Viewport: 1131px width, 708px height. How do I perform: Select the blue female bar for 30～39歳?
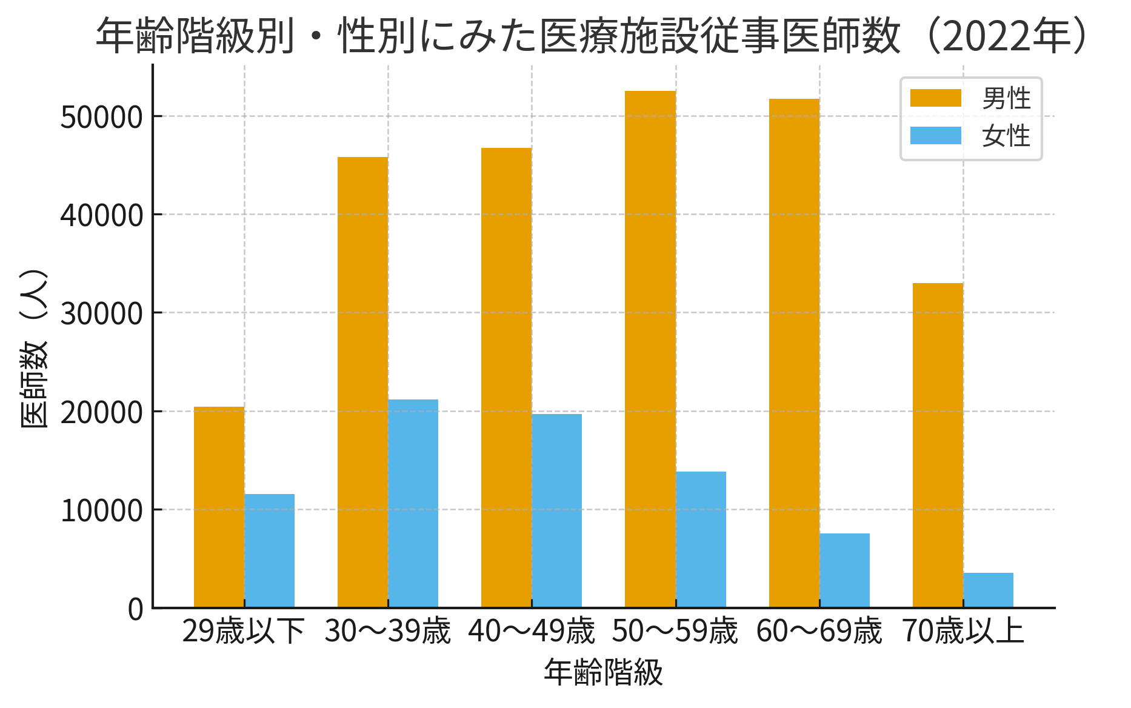[413, 503]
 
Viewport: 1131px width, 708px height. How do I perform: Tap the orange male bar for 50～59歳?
[650, 349]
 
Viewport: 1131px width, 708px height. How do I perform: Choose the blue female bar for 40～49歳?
[556, 510]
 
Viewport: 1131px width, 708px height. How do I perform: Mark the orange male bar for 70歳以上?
[938, 445]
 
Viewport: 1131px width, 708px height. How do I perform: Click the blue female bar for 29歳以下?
[269, 550]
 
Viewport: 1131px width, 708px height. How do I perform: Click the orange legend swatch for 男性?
[935, 98]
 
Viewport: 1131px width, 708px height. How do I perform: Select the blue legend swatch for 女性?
[935, 135]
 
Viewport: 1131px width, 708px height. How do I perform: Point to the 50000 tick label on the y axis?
[101, 117]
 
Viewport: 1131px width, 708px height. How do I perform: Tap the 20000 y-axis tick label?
[101, 412]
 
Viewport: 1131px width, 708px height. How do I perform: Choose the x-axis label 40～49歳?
[531, 632]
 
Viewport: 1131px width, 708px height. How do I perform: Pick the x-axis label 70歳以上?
[963, 632]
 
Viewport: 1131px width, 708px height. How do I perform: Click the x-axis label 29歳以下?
[244, 632]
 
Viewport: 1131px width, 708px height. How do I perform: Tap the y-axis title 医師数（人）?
[34, 349]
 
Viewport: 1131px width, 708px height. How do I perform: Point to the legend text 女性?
[1006, 135]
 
